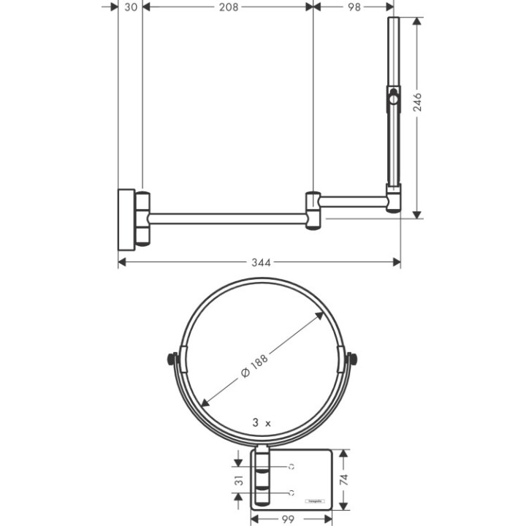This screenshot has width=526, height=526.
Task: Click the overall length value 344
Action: pyautogui.click(x=259, y=262)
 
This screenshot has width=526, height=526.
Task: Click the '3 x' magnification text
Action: pyautogui.click(x=261, y=422)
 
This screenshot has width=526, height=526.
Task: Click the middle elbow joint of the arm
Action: pyautogui.click(x=313, y=210)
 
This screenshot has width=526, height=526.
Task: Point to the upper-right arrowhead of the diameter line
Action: pyautogui.click(x=321, y=315)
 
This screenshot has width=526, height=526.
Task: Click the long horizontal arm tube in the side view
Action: pyautogui.click(x=226, y=217)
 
